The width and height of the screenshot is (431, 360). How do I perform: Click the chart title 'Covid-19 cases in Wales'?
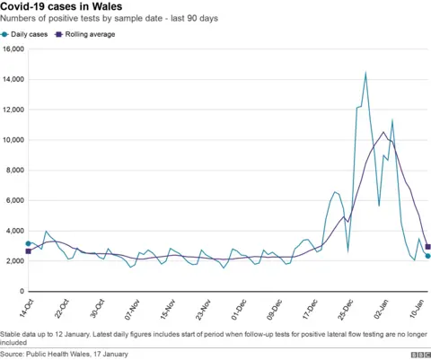(62, 7)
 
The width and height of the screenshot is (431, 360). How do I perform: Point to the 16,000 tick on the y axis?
(13, 48)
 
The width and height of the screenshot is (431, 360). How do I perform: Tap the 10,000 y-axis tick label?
(13, 140)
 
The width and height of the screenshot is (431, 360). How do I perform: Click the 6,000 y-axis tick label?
(14, 200)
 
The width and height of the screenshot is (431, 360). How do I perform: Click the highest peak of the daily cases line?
(365, 72)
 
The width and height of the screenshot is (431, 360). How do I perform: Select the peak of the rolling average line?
(383, 132)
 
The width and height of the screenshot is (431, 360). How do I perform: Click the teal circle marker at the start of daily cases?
(28, 243)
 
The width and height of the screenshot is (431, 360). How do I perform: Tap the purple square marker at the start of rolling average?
(28, 251)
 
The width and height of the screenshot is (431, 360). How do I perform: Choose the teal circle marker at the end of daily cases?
(427, 256)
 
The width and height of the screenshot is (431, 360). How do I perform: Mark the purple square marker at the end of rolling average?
(427, 247)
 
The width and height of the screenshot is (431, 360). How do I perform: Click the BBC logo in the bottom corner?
(417, 354)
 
